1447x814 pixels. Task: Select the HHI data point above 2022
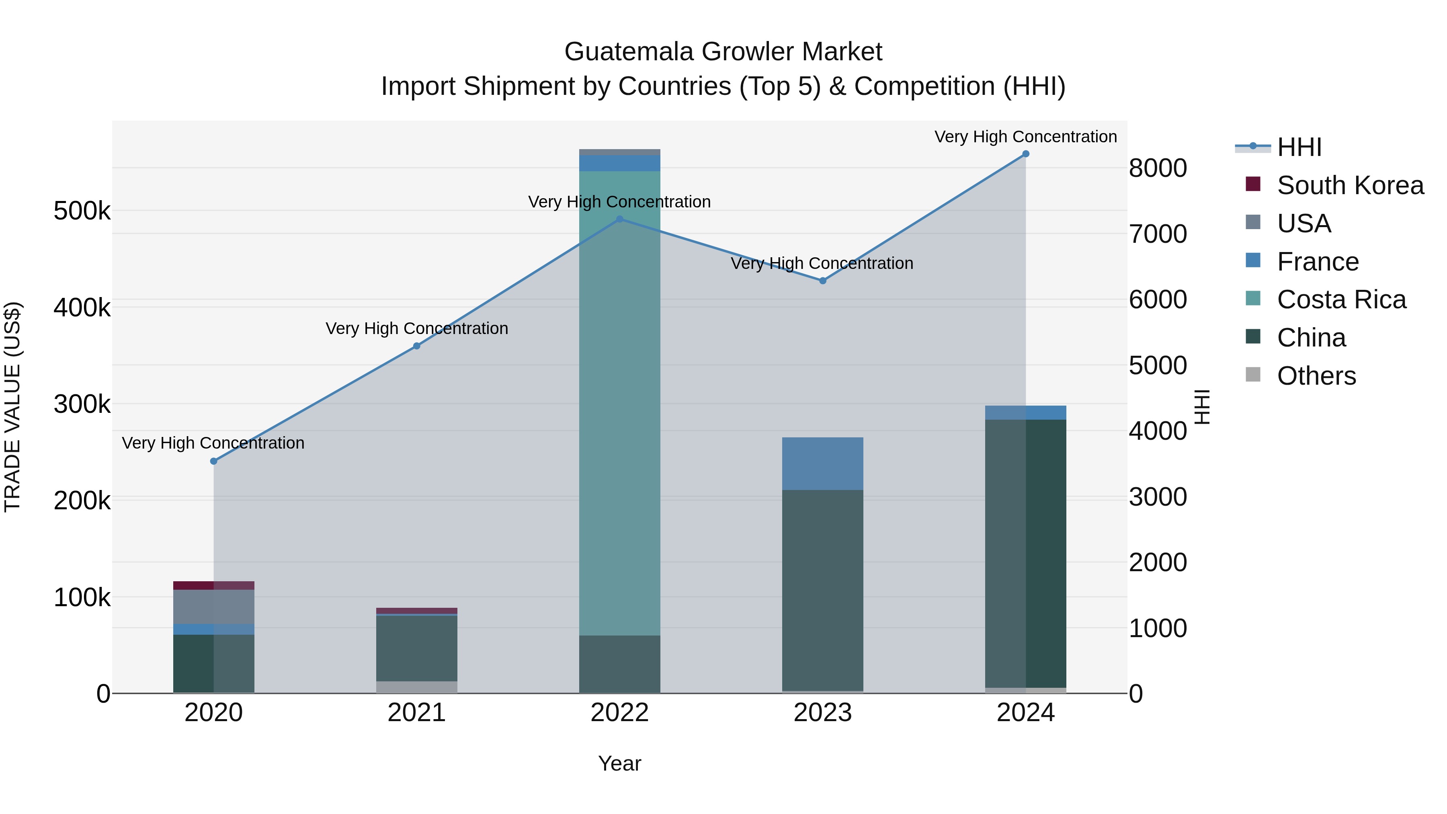click(x=619, y=219)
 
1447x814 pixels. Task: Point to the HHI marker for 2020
click(x=213, y=461)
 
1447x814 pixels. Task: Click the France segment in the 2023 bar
click(x=822, y=463)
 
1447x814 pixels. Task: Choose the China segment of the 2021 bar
click(x=416, y=648)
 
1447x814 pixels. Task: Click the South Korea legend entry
click(x=1350, y=185)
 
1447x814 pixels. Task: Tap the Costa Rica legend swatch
click(x=1252, y=299)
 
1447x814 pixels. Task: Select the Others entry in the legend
click(x=1316, y=376)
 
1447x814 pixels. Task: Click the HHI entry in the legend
click(x=1299, y=147)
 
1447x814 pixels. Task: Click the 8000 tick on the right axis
click(x=1158, y=168)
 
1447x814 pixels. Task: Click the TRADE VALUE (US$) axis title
click(x=13, y=407)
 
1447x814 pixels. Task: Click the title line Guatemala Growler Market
click(x=723, y=52)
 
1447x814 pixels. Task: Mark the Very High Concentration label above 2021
click(x=416, y=329)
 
